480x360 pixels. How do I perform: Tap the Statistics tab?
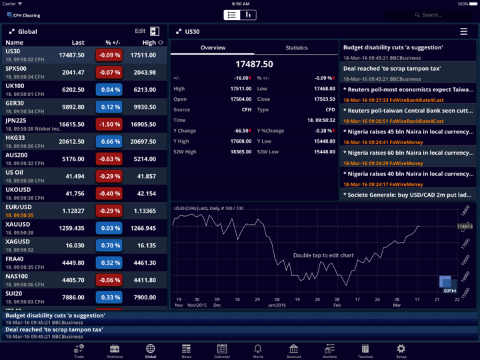tap(297, 48)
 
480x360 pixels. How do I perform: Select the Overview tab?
tap(213, 48)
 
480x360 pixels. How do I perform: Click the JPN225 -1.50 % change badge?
tap(109, 125)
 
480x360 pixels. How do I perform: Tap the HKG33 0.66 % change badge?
tap(109, 142)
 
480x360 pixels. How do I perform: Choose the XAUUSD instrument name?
tap(18, 225)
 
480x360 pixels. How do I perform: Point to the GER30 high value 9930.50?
tap(144, 107)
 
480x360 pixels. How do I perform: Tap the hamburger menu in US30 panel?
tap(463, 31)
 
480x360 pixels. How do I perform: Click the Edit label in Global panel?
tap(140, 31)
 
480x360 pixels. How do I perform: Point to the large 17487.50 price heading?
tap(254, 65)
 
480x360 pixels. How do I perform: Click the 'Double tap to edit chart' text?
tap(323, 255)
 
